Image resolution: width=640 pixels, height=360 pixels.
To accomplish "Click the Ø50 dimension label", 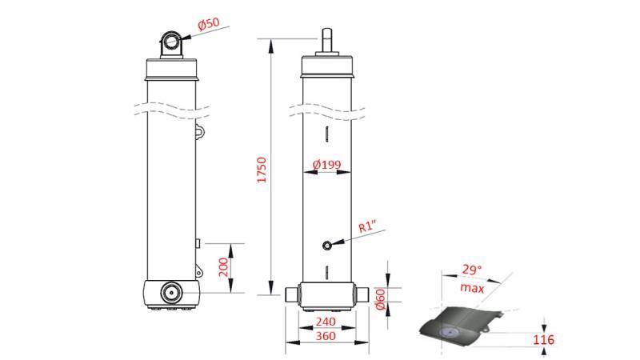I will [x=208, y=23].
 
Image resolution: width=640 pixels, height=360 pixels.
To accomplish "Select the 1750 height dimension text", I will [x=262, y=171].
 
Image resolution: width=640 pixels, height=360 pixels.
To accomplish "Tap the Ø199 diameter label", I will [x=326, y=165].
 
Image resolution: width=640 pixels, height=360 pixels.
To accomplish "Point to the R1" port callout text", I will [x=368, y=227].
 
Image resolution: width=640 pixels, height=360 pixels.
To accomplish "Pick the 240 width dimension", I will [x=326, y=322].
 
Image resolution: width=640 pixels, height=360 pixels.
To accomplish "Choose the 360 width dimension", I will [x=326, y=337].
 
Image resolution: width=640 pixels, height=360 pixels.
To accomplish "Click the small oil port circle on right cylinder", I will [x=326, y=246].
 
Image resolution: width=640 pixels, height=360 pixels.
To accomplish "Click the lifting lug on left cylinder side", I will [x=200, y=130].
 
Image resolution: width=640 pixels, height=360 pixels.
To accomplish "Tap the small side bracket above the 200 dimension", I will [x=198, y=242].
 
